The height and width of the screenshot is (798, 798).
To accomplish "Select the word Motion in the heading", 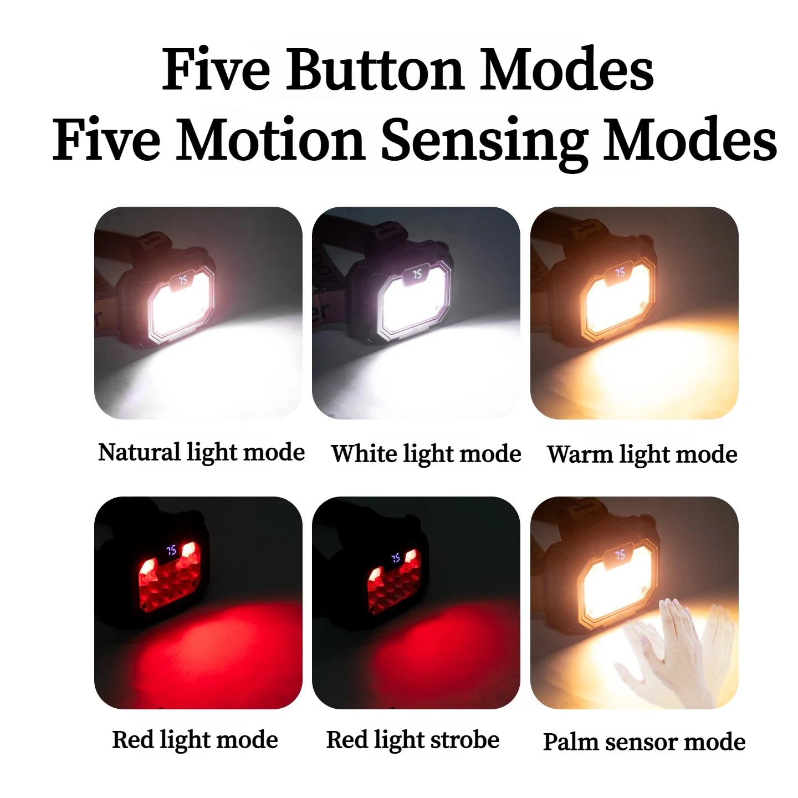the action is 270,138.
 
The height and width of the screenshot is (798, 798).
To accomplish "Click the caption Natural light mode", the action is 201,453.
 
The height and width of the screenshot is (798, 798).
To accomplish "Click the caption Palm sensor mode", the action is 644,742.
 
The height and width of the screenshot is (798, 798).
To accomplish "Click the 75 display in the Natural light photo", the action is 183,280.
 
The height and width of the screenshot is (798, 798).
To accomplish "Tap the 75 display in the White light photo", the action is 417,274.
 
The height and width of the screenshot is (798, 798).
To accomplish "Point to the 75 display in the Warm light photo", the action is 620,273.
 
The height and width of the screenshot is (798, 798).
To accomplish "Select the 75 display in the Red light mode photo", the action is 171,550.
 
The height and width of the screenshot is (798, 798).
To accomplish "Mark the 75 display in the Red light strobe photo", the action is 396,558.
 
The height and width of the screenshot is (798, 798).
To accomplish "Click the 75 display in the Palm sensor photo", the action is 620,555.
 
